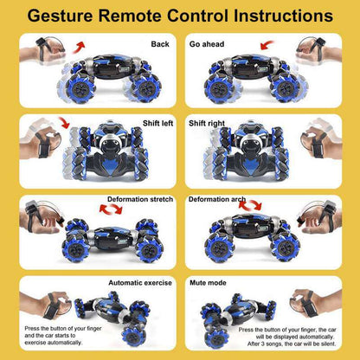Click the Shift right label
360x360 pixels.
click(x=208, y=123)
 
